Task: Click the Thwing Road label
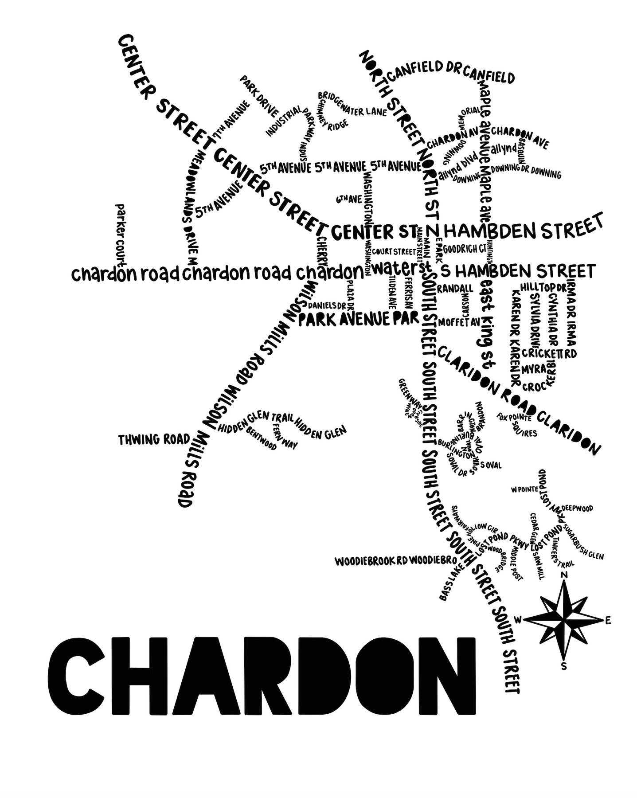coord(154,439)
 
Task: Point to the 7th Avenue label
coord(231,119)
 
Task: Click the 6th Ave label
coord(349,199)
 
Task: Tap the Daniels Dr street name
coord(327,305)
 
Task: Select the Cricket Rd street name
coord(549,353)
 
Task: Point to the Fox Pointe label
coord(514,417)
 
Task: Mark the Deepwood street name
coord(577,508)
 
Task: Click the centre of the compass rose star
coord(564,619)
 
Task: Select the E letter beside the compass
coord(608,621)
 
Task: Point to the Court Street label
coord(394,252)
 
